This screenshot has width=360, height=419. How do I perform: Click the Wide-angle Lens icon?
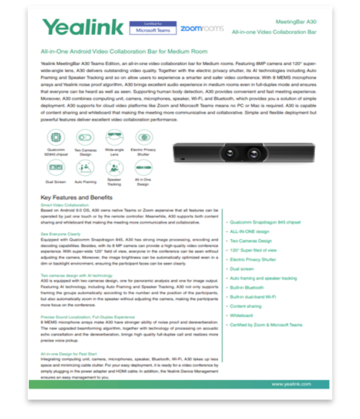[114, 138]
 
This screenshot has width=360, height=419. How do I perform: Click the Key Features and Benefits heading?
[76, 197]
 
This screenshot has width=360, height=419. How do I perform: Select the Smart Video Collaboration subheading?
[64, 205]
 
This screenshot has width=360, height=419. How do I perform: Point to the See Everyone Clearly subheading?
[59, 234]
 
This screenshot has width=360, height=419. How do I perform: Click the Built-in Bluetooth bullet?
[246, 288]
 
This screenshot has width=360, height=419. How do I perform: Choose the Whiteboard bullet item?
[241, 316]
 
